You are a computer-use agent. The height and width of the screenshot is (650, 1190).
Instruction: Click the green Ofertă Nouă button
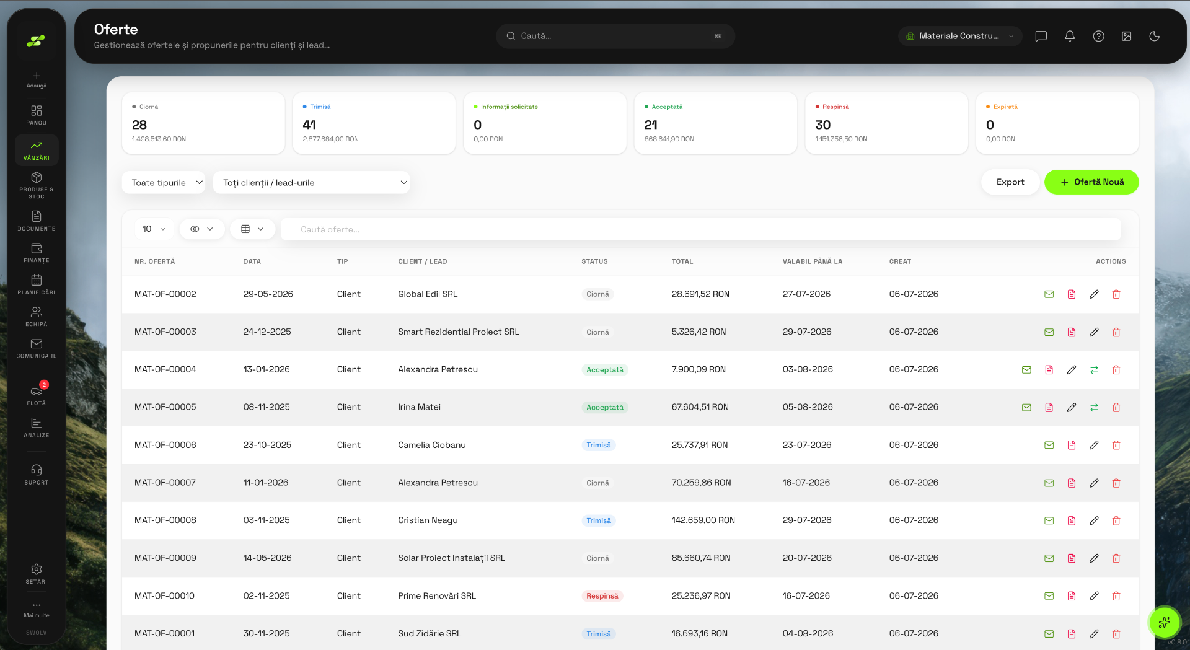pos(1091,182)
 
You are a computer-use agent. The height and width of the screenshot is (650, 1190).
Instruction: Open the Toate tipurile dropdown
pos(164,183)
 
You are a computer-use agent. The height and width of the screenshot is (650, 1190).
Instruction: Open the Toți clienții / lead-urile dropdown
pos(311,183)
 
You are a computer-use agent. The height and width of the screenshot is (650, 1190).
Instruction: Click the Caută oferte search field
pos(700,229)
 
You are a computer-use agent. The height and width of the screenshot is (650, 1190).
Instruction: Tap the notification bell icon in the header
pos(1070,36)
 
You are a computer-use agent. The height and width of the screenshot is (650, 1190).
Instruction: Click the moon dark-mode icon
pos(1154,36)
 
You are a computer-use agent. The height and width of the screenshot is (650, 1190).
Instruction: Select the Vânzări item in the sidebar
pos(37,150)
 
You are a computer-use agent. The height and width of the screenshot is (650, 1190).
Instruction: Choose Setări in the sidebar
pos(37,574)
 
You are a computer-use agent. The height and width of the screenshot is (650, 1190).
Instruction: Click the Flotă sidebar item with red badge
pos(37,394)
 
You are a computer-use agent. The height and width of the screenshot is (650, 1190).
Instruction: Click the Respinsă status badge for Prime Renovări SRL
pos(602,596)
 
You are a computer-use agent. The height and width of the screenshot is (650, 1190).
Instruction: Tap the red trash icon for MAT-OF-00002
pos(1116,294)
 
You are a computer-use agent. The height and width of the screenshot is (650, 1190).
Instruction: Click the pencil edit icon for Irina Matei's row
pos(1072,408)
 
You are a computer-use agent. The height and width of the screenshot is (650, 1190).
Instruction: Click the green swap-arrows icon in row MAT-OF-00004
pos(1094,370)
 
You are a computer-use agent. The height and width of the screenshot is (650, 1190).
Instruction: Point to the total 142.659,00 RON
pos(703,520)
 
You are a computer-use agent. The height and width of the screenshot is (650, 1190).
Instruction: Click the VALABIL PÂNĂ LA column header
pos(813,261)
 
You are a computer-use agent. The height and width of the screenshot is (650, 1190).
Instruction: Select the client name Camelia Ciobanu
pos(432,445)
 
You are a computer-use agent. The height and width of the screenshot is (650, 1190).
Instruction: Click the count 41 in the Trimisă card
pos(309,125)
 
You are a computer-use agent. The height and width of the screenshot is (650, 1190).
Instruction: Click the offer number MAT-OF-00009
pos(165,558)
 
